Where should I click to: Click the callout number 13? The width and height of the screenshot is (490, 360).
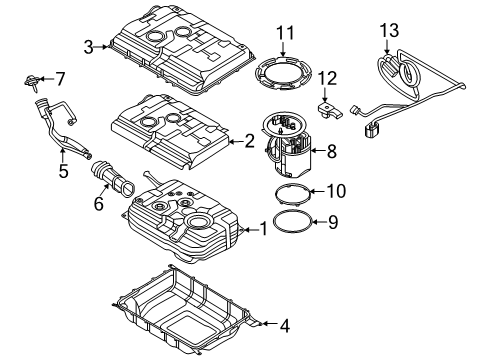389,30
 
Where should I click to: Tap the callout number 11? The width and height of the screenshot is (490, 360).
285,33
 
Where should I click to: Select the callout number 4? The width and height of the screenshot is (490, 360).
284,326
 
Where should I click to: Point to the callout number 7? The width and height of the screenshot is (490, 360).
60,79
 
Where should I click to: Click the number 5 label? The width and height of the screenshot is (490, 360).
63,171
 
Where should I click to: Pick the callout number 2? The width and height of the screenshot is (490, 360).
249,141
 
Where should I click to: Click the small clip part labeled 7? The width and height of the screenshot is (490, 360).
32,82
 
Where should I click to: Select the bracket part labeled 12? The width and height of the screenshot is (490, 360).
329,110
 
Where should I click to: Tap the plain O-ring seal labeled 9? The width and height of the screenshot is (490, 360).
274,220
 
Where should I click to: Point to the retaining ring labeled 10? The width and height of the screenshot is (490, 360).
276,193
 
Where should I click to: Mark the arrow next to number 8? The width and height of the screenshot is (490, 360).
317,151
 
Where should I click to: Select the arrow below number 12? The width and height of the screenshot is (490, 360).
325,95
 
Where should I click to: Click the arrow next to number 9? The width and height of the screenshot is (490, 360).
319,221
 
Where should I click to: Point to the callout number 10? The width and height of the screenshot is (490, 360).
337,191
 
